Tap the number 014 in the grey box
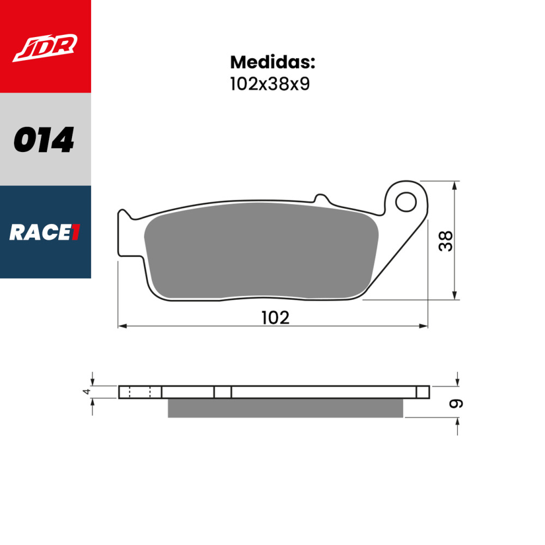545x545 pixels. pyautogui.click(x=44, y=140)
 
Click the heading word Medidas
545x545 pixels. pyautogui.click(x=272, y=62)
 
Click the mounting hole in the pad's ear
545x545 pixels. pyautogui.click(x=405, y=202)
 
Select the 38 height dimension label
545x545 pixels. pyautogui.click(x=446, y=241)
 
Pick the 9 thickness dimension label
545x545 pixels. pyautogui.click(x=456, y=404)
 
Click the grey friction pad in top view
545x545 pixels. pyautogui.click(x=262, y=251)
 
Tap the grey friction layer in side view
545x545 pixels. pyautogui.click(x=285, y=408)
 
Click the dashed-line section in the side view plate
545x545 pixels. pyautogui.click(x=140, y=392)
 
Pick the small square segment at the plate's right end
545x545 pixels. pyautogui.click(x=423, y=392)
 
